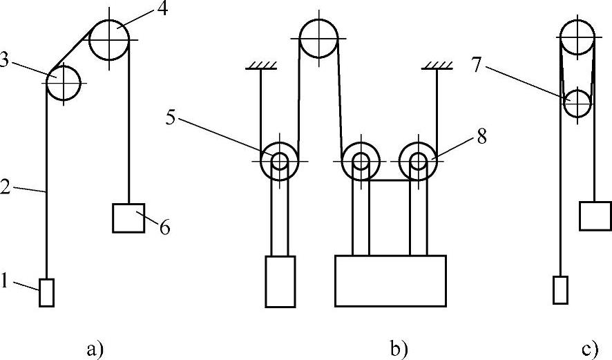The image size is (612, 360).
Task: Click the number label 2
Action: (x=6, y=187)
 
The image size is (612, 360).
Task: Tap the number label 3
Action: (x=6, y=61)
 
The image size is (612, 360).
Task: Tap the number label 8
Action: (x=481, y=137)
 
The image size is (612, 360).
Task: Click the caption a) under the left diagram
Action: (x=95, y=350)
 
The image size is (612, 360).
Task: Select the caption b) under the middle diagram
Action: (x=399, y=350)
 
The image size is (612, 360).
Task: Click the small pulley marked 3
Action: (x=63, y=82)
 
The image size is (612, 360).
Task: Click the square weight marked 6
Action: (x=128, y=218)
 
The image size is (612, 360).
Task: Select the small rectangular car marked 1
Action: (x=46, y=292)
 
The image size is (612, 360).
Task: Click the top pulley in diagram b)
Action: (x=318, y=39)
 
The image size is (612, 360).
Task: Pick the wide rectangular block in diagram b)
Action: (x=390, y=280)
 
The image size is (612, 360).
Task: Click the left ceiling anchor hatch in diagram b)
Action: (x=261, y=65)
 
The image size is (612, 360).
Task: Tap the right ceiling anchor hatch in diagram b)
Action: (x=437, y=65)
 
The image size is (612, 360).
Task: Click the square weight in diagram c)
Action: (x=595, y=215)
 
